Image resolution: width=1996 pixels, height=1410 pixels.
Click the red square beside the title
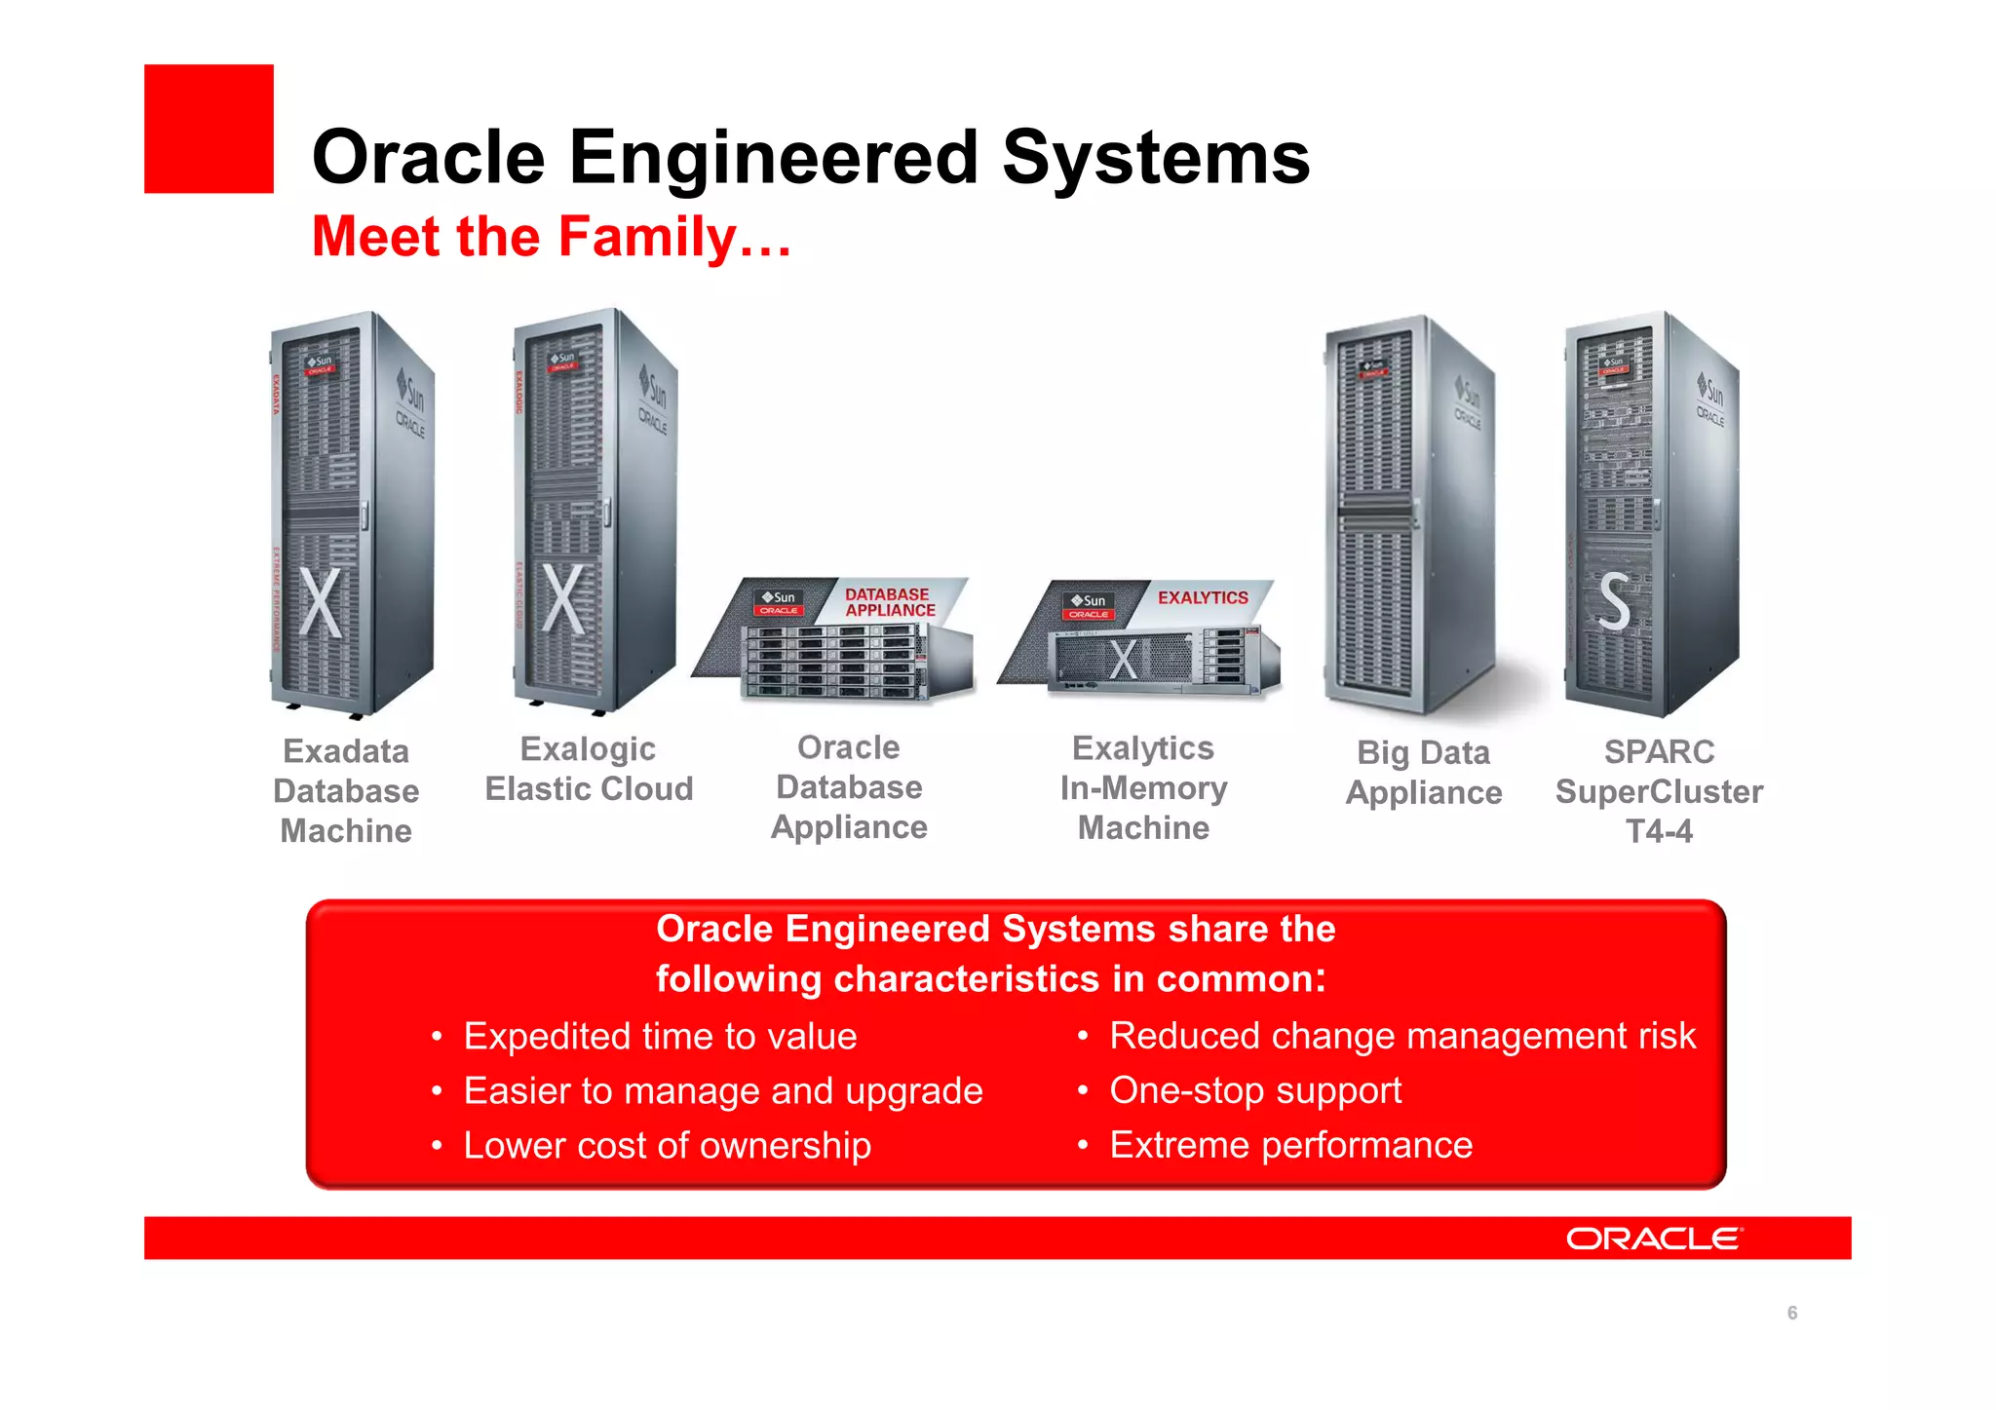tap(209, 129)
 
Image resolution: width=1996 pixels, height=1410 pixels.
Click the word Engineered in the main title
tap(773, 157)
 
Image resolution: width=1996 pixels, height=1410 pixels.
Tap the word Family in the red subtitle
tap(647, 237)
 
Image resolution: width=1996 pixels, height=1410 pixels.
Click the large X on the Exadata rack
tap(321, 601)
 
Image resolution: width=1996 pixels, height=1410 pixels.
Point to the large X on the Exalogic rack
tap(563, 597)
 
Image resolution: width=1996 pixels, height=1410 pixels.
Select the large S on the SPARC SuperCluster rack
tap(1614, 600)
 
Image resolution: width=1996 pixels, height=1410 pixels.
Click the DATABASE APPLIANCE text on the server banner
tap(889, 602)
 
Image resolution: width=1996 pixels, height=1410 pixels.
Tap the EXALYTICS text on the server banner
tap(1202, 597)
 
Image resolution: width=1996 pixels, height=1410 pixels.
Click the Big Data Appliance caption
tap(1423, 773)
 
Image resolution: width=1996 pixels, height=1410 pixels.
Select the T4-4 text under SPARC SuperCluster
tap(1659, 831)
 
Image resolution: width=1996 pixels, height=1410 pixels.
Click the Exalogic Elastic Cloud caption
tap(589, 769)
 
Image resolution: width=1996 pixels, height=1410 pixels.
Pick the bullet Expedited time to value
tap(660, 1036)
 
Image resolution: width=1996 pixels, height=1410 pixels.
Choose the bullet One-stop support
tap(1254, 1090)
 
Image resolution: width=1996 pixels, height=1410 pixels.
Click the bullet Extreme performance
tap(1290, 1145)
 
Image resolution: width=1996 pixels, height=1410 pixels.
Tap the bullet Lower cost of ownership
tap(667, 1146)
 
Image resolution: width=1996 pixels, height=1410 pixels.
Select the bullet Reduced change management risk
tap(1401, 1036)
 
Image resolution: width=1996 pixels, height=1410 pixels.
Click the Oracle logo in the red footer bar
tap(1653, 1239)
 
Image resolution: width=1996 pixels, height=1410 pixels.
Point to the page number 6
tap(1791, 1313)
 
